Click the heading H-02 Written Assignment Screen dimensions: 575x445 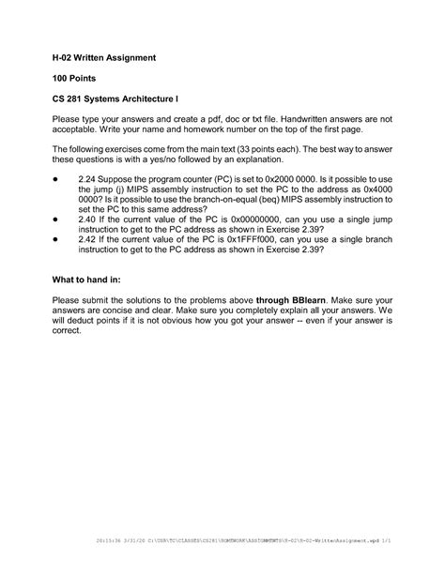103,58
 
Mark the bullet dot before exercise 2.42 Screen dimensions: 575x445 56,239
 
